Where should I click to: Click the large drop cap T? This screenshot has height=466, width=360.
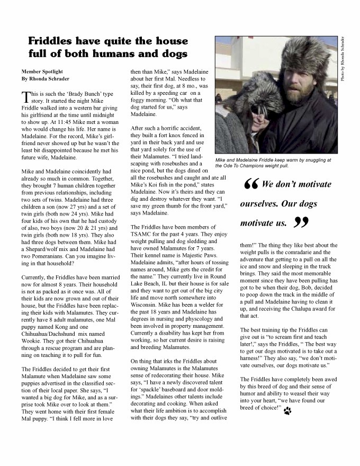(x=25, y=96)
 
